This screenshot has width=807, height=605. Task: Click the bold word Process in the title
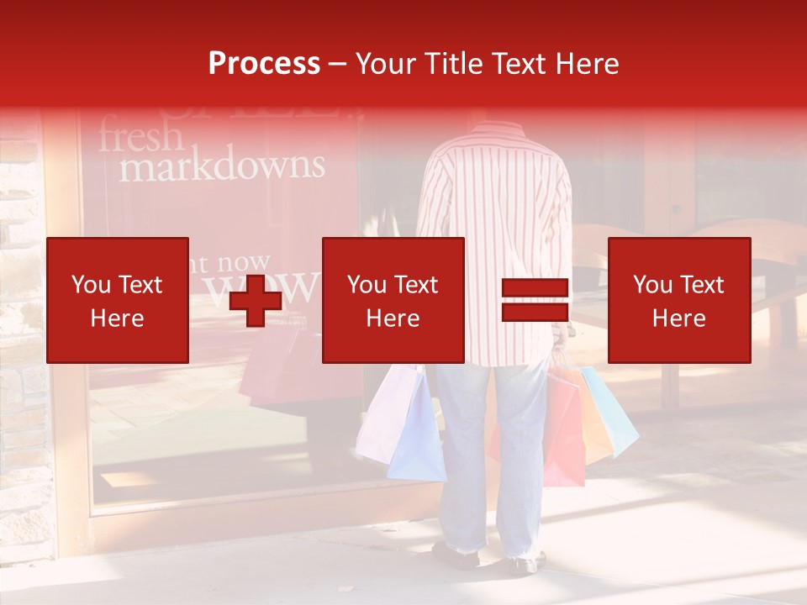pyautogui.click(x=264, y=64)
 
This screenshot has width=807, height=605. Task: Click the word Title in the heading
pyautogui.click(x=452, y=64)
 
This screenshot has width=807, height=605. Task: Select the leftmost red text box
pyautogui.click(x=118, y=300)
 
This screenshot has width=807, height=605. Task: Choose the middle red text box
pyautogui.click(x=393, y=300)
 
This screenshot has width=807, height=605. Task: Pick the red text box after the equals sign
pyautogui.click(x=679, y=300)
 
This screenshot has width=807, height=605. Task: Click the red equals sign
pyautogui.click(x=535, y=300)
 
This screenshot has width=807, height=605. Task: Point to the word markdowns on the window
pyautogui.click(x=221, y=166)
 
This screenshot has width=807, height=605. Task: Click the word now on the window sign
pyautogui.click(x=243, y=265)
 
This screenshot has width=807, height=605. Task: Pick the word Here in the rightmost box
pyautogui.click(x=679, y=318)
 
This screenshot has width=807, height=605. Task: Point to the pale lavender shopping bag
pyautogui.click(x=380, y=416)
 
